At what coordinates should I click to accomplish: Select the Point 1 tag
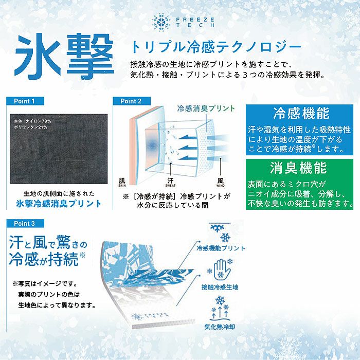26,101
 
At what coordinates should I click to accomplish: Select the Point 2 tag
131,101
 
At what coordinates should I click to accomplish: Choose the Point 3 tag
26,224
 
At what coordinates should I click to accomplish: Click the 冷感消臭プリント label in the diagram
206,109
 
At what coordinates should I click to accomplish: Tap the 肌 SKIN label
122,182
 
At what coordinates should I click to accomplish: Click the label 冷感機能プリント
221,248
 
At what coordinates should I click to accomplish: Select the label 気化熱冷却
220,326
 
